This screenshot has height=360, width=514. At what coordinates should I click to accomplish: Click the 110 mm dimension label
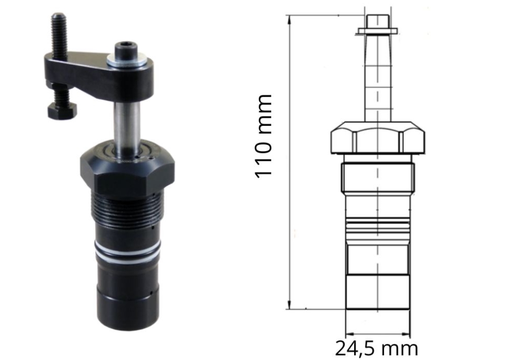point(264,136)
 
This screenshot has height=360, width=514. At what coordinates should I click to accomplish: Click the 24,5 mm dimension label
point(376,348)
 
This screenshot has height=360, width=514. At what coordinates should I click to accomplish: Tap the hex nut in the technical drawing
point(378,137)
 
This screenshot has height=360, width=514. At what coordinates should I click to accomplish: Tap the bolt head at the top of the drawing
point(378,21)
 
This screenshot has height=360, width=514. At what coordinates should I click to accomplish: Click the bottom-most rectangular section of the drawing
point(378,292)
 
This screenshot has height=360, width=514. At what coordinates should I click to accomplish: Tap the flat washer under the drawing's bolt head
point(378,31)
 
